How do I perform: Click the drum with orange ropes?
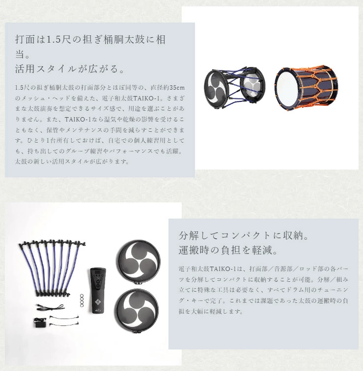(307, 88)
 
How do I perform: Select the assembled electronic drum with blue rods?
(234, 88)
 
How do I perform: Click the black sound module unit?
(97, 291)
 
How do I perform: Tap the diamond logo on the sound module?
(97, 302)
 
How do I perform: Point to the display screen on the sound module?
(98, 273)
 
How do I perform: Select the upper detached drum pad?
(138, 262)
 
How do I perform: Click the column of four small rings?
(82, 300)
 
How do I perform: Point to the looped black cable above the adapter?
(51, 307)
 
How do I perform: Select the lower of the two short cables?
(64, 323)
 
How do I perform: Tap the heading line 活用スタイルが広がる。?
(70, 69)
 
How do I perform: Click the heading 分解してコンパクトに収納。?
(244, 235)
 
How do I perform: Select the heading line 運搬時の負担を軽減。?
(228, 250)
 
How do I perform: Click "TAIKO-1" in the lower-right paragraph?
(223, 269)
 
